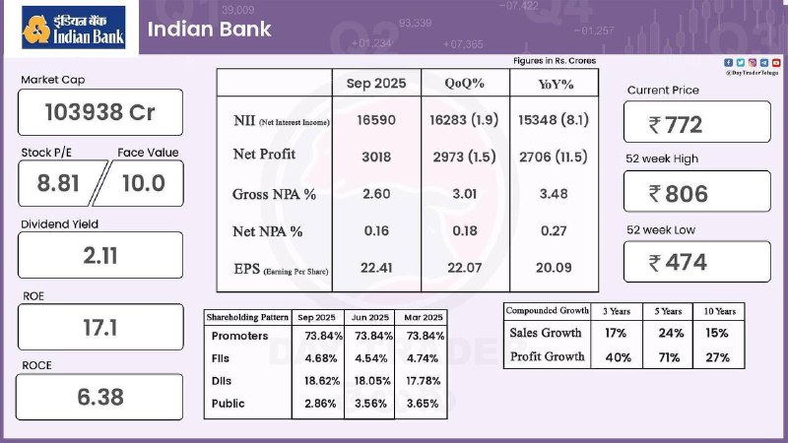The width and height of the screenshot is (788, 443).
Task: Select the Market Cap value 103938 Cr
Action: click(100, 112)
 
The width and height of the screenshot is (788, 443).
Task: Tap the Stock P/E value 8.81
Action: click(58, 182)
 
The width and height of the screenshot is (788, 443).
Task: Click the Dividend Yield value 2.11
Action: click(100, 256)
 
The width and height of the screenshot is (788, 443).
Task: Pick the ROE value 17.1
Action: click(100, 327)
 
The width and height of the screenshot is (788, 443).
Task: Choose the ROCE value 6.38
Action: click(100, 398)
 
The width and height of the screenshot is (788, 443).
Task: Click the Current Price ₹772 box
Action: click(696, 124)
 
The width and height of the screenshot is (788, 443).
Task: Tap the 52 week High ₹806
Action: click(696, 193)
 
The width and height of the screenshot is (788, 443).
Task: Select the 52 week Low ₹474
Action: click(696, 262)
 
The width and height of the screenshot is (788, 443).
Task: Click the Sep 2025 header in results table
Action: click(376, 83)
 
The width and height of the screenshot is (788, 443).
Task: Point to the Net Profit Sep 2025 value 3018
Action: click(376, 155)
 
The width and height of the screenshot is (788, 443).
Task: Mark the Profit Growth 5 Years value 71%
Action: click(670, 357)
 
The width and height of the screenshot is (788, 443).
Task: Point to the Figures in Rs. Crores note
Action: click(555, 61)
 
